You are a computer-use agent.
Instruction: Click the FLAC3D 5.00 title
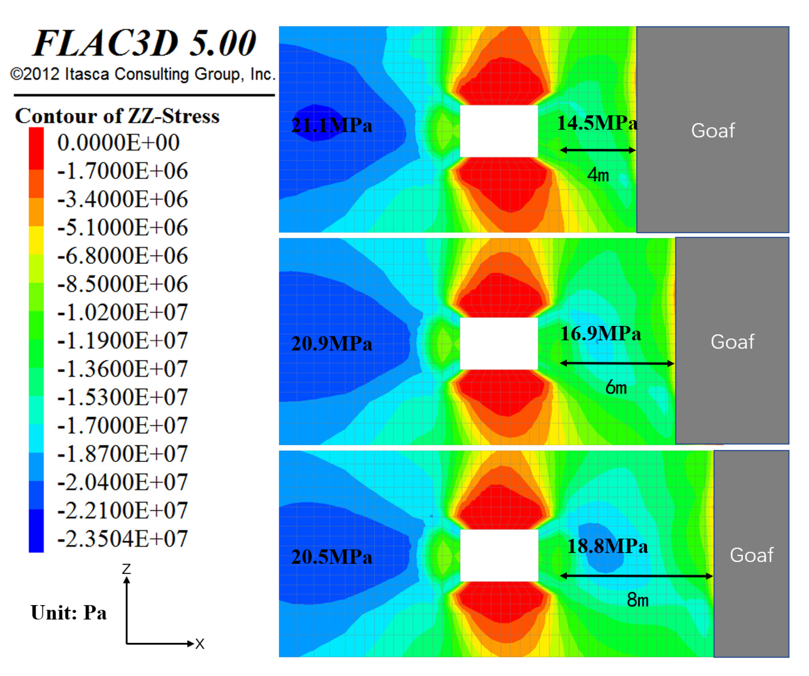coord(145,43)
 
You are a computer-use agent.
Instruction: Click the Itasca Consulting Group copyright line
coord(142,74)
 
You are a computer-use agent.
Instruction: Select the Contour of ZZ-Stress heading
coord(117,116)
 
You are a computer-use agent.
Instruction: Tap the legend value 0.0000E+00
coord(118,142)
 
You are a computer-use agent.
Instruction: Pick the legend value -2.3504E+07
coord(123,539)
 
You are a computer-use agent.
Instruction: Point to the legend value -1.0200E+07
coord(123,312)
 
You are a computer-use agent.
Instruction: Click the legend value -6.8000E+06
coord(123,256)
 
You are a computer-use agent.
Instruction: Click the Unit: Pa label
coord(69,612)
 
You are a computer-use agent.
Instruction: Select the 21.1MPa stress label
coord(332,126)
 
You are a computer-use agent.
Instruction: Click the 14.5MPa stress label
coord(597,123)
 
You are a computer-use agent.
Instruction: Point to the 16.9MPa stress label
coord(600,334)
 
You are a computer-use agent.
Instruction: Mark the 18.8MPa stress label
coord(608,546)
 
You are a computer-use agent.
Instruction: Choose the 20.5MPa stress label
coord(332,557)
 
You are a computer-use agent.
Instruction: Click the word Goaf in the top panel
coord(713,131)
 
